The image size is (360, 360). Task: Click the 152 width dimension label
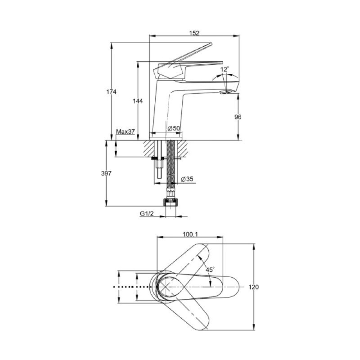[194, 33]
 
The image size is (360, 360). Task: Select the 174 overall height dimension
[111, 92]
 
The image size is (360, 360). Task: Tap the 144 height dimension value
[138, 101]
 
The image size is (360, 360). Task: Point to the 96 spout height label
[238, 117]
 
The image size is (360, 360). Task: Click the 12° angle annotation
[225, 69]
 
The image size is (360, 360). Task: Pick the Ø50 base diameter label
[174, 128]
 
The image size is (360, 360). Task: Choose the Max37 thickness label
[125, 131]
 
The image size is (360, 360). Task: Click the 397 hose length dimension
[106, 173]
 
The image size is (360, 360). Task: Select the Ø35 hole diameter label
[187, 179]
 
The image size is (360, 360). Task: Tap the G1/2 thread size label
[147, 214]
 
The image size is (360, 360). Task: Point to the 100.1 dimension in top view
[190, 234]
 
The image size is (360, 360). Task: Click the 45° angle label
[210, 270]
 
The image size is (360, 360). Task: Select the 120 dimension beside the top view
[254, 287]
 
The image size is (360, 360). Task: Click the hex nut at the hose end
[171, 202]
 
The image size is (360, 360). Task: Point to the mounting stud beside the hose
[159, 169]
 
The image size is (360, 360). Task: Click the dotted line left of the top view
[131, 287]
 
